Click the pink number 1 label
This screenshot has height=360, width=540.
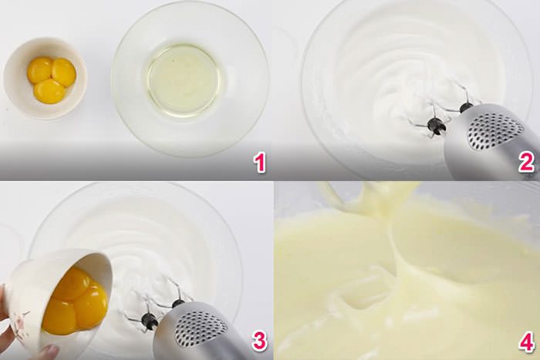click(260, 163)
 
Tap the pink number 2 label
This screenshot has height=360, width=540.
click(526, 162)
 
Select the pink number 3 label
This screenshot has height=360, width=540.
click(259, 341)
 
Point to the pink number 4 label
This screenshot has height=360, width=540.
click(527, 341)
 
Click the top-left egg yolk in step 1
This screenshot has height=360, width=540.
click(39, 71)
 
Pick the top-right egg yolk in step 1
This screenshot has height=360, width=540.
click(64, 72)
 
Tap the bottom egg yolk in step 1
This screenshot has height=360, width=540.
click(49, 92)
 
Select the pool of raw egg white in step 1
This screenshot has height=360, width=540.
click(183, 79)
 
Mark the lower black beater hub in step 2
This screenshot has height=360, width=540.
click(437, 126)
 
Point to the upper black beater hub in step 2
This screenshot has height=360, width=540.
click(466, 107)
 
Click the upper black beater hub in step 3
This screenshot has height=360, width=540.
click(178, 304)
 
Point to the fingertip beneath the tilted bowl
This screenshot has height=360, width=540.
click(48, 352)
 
